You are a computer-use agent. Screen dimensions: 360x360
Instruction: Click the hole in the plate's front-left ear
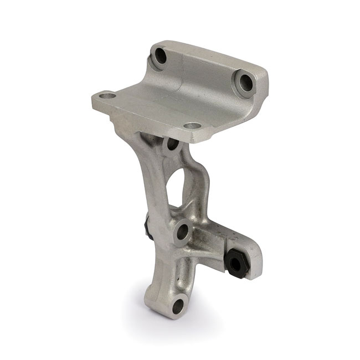(x=108, y=96)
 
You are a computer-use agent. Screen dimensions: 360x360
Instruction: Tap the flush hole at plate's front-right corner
(x=192, y=126)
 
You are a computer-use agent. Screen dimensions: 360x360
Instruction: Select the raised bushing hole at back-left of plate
(x=161, y=56)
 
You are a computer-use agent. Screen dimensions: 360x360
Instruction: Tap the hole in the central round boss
(x=182, y=232)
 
